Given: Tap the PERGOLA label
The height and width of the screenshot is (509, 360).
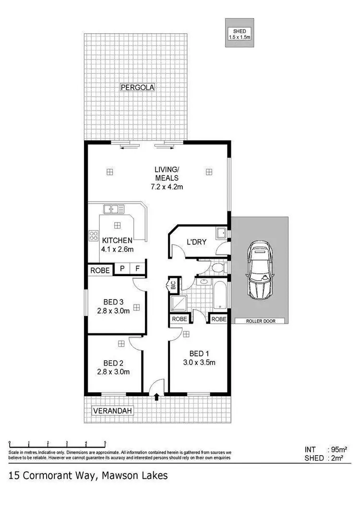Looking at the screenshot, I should (137, 87).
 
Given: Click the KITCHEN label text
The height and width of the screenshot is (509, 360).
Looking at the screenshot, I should (117, 240).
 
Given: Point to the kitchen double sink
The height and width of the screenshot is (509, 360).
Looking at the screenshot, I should (114, 209).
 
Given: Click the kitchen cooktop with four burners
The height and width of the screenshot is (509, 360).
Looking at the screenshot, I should (93, 236).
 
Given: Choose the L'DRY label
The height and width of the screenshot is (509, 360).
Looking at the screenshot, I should (196, 242).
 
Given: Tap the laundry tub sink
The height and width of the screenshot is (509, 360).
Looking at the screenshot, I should (221, 233).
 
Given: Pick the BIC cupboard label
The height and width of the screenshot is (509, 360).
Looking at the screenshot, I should (173, 285).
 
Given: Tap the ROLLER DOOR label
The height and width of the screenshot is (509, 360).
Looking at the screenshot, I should (261, 321).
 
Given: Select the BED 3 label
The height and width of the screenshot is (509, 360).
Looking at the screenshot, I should (114, 302).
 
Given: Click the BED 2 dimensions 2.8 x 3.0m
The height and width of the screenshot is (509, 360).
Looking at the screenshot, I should (114, 372).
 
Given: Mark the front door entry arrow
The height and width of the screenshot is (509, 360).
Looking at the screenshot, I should (156, 396).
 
